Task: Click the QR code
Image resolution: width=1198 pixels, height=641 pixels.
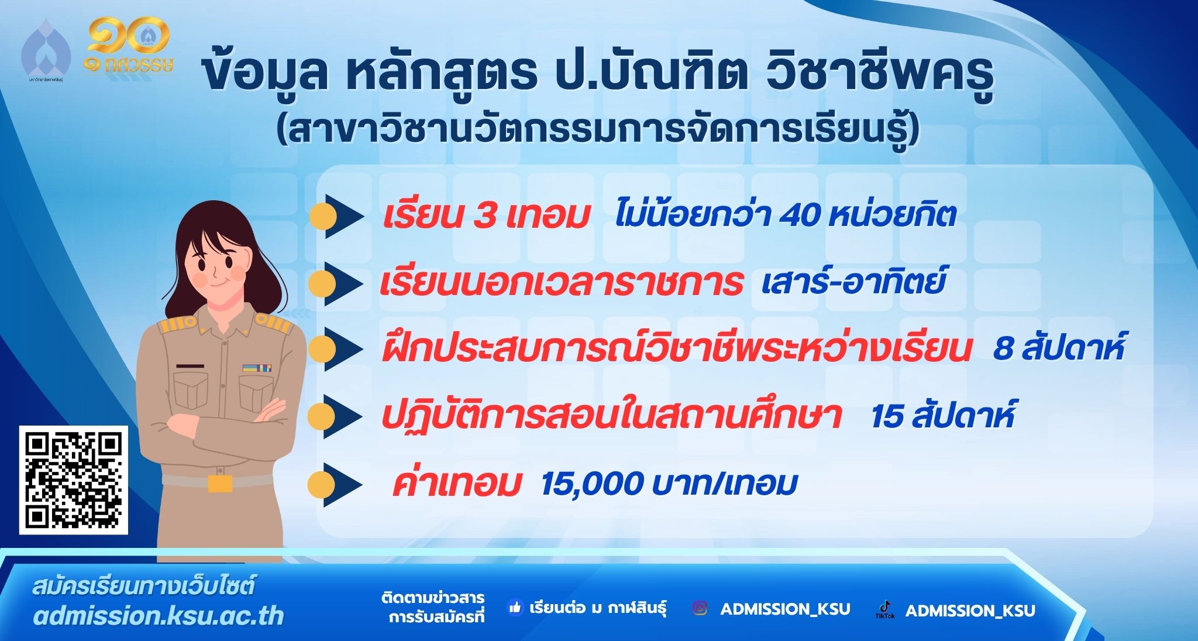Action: tap(74, 480)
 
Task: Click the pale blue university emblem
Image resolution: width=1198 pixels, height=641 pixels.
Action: tap(46, 50)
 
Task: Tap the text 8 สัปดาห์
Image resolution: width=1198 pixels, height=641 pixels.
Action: tap(1059, 348)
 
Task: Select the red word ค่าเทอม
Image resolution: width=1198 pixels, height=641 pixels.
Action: tap(456, 484)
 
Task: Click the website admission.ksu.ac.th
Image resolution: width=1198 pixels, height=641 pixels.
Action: tap(159, 616)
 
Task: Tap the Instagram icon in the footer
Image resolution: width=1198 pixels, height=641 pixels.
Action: tap(700, 608)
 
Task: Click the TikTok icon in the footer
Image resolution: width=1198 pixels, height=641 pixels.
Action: tap(884, 609)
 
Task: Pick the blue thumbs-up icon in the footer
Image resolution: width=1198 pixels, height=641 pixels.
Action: tap(515, 608)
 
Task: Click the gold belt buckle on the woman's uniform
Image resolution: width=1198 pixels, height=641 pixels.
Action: tap(220, 483)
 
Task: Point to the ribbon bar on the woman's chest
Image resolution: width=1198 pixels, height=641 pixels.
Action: tap(257, 368)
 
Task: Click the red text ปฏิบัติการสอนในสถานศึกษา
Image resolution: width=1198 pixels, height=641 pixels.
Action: tap(611, 414)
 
